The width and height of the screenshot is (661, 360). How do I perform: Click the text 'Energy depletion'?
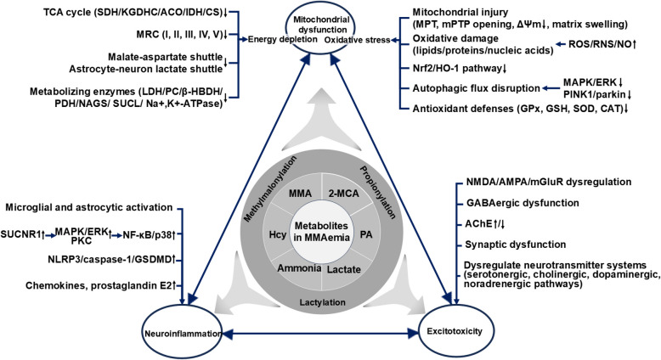[x=273, y=39]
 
